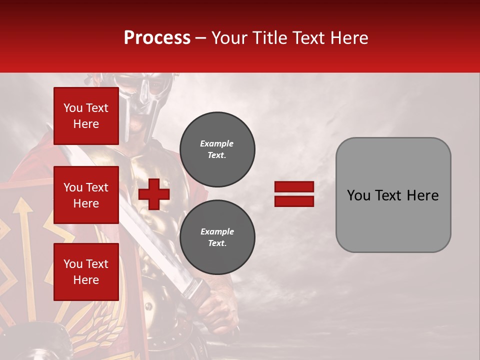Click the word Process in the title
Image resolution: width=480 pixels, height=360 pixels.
(x=157, y=38)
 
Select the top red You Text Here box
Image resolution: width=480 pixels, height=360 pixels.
(x=86, y=116)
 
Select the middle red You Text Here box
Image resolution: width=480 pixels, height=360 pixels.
(x=86, y=195)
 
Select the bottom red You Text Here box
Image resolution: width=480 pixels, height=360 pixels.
(x=86, y=271)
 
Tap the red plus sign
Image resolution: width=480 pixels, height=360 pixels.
(x=154, y=194)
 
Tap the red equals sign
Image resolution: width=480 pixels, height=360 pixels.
(x=294, y=194)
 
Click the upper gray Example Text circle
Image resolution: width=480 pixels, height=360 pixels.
(x=217, y=149)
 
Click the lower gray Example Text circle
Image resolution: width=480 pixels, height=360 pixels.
(x=217, y=237)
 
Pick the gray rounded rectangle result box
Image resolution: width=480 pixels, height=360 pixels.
(x=393, y=195)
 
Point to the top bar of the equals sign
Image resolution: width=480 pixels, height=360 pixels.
(x=294, y=186)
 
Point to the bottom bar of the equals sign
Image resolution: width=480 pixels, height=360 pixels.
(x=294, y=201)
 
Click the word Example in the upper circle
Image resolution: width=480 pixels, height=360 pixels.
(x=216, y=143)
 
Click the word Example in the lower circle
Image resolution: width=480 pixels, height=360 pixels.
(x=217, y=231)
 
